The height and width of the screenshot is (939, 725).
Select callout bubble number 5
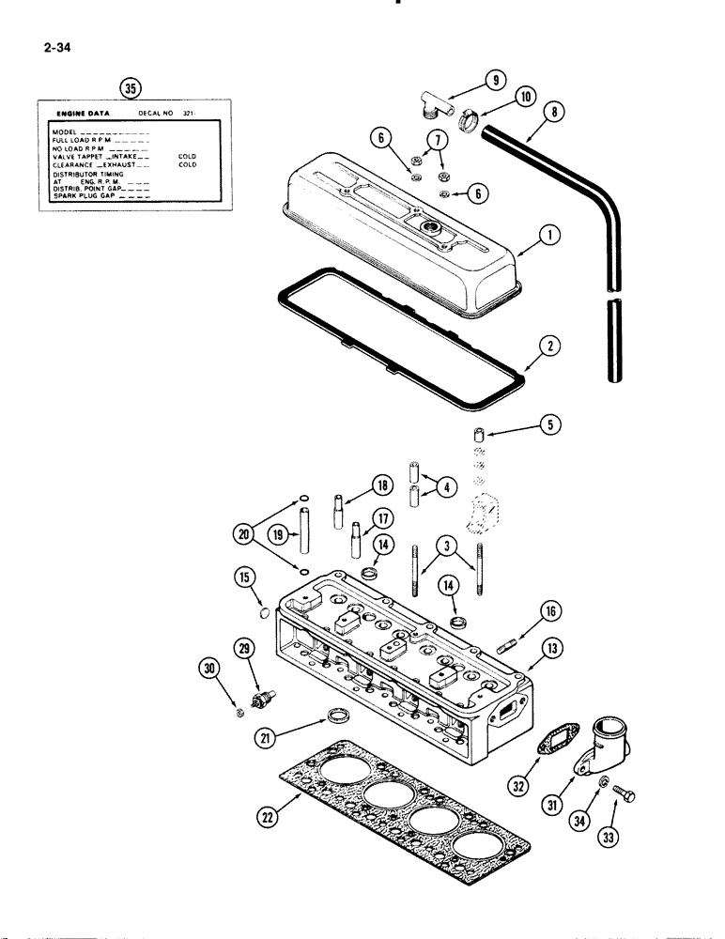552,425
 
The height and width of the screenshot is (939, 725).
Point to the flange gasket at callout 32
545,743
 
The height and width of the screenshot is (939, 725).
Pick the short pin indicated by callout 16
505,642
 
